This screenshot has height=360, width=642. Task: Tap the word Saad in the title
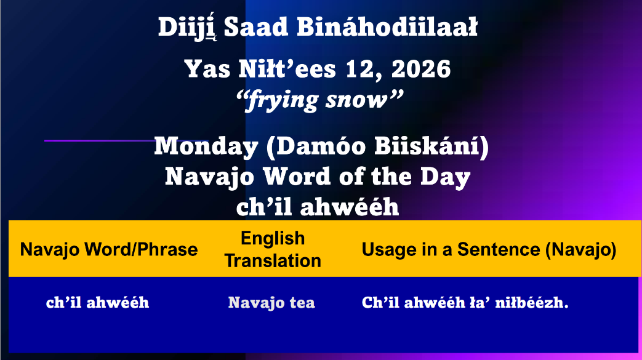pos(256,27)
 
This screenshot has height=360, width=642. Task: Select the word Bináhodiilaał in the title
pos(387,27)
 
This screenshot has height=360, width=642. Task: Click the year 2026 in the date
pos(421,69)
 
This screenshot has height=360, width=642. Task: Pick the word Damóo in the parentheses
pos(316,146)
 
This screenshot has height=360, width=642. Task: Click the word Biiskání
pos(428,146)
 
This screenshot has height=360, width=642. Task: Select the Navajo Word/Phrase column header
pos(109,249)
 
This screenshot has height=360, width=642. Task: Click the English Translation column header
pos(273,249)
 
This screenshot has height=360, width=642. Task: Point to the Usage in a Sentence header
pos(489,249)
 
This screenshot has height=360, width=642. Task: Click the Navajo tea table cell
pos(271,303)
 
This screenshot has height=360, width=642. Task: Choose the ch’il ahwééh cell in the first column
pos(97,302)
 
